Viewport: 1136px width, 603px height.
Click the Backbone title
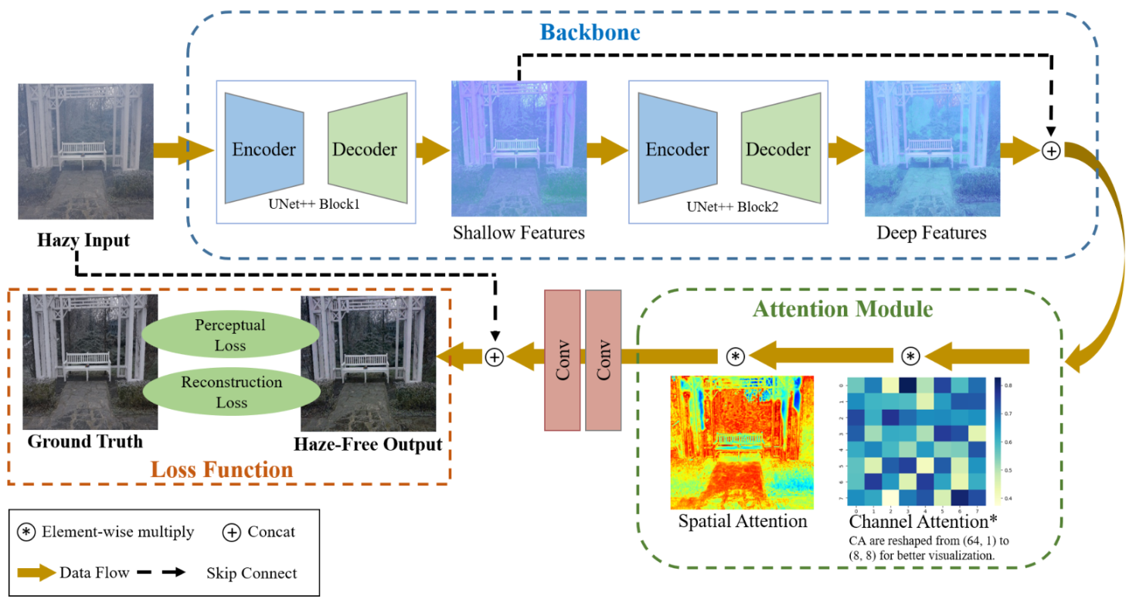[590, 32]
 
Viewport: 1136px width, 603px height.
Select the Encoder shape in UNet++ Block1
[264, 150]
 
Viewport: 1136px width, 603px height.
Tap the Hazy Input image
[85, 152]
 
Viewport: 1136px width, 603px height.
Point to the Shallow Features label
[519, 232]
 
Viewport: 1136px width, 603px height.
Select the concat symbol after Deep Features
[1051, 152]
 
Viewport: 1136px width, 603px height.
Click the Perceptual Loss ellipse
[230, 336]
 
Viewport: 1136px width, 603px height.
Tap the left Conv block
[562, 359]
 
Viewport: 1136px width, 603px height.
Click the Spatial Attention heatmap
[742, 441]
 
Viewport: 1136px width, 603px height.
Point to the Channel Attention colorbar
[999, 441]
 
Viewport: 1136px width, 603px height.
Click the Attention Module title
[842, 310]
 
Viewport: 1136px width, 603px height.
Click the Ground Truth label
[85, 442]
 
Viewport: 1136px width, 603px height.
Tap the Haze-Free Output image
[368, 363]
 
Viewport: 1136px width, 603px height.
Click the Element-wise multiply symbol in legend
[26, 532]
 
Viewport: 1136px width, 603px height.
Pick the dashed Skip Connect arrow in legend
[163, 573]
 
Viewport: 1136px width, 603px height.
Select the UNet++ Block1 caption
[315, 206]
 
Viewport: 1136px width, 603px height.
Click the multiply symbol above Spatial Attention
[736, 356]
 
